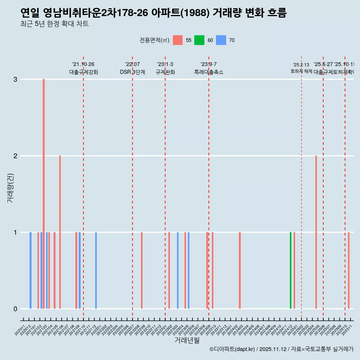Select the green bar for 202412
tap(291, 270)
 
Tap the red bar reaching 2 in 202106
tap(60, 232)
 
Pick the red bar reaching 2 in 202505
tap(316, 232)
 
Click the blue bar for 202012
tap(30, 270)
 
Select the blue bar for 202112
tap(96, 270)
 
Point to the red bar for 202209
tap(142, 270)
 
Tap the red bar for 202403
tap(240, 270)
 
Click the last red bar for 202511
tap(349, 270)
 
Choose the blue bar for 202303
tap(178, 270)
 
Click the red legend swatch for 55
tap(178, 40)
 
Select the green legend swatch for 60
tap(199, 40)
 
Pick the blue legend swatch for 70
tap(221, 40)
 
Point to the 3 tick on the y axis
tap(15, 79)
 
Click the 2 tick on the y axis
tap(15, 156)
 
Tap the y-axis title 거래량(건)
tap(10, 187)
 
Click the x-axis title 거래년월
tap(187, 340)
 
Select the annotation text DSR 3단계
tap(132, 72)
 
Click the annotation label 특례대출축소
tap(208, 72)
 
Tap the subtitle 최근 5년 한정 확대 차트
tap(54, 24)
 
